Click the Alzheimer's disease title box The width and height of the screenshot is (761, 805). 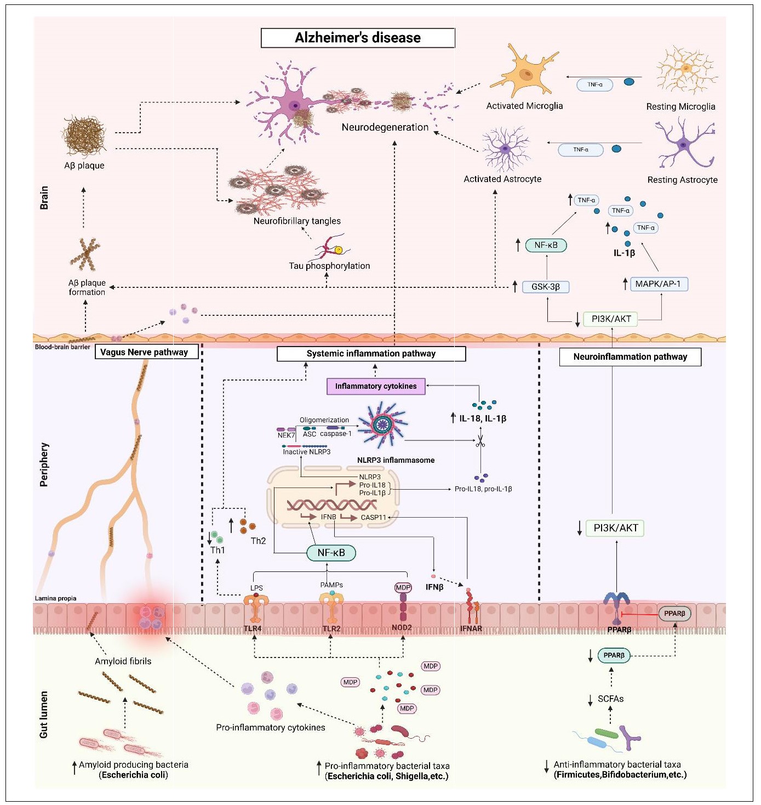tap(358, 38)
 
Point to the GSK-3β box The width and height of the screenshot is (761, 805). tap(546, 287)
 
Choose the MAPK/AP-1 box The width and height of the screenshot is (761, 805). tap(657, 284)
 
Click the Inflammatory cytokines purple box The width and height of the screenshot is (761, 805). tap(376, 386)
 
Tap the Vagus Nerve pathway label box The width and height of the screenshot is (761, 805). tap(144, 352)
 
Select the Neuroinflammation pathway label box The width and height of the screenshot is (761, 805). tap(630, 357)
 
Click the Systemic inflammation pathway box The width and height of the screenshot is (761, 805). tap(371, 354)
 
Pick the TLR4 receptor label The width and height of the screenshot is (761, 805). tap(253, 628)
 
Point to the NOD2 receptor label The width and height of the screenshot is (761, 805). tap(402, 628)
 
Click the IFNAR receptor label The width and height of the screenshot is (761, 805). tap(471, 628)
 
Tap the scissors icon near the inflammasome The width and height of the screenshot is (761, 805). tap(480, 441)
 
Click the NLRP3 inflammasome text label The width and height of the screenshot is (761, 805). tap(396, 461)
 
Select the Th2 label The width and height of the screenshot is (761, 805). tap(258, 541)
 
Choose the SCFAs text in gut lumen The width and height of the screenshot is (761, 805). tap(610, 699)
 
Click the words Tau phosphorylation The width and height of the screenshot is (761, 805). tap(329, 266)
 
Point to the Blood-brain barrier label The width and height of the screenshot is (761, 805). tap(62, 347)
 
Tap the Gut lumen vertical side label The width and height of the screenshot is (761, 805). tap(44, 715)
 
